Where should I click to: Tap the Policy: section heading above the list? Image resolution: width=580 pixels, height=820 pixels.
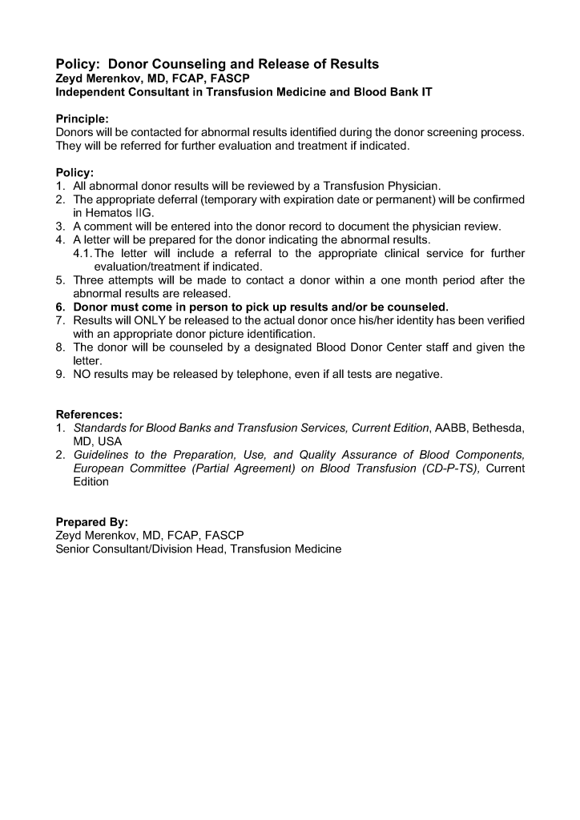75,172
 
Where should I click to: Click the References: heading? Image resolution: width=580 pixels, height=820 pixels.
89,415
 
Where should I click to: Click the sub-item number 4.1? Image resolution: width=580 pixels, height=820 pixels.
83,253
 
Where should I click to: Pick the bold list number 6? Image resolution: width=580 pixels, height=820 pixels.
60,307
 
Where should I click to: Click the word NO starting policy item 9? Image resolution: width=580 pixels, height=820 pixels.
83,374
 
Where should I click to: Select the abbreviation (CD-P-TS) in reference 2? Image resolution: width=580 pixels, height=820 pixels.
450,468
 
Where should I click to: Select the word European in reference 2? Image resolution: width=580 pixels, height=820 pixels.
98,468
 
